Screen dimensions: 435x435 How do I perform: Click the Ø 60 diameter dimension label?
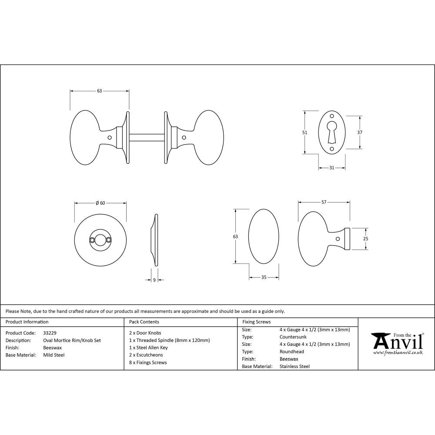tap(100, 203)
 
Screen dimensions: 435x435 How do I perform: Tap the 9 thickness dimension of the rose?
tap(154, 280)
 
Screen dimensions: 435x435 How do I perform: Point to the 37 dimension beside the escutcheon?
tap(360, 132)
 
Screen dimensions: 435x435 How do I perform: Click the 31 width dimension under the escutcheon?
tap(332, 168)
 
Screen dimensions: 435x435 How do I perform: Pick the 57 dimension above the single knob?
tap(324, 202)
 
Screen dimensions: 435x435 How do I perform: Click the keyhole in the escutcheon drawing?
tap(331, 130)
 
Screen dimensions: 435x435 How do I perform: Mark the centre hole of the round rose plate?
tap(100, 239)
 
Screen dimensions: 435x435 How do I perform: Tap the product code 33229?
tap(50, 333)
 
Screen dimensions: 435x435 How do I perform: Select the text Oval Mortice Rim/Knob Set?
tap(72, 340)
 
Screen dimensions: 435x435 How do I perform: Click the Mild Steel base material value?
tap(54, 355)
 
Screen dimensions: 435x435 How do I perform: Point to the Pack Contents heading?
tap(144, 322)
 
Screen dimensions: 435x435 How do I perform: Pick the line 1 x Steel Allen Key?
tap(148, 348)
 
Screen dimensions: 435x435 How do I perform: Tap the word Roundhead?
tap(291, 351)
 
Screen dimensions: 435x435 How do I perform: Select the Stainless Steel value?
tap(294, 366)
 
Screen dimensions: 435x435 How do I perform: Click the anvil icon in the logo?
tap(379, 341)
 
